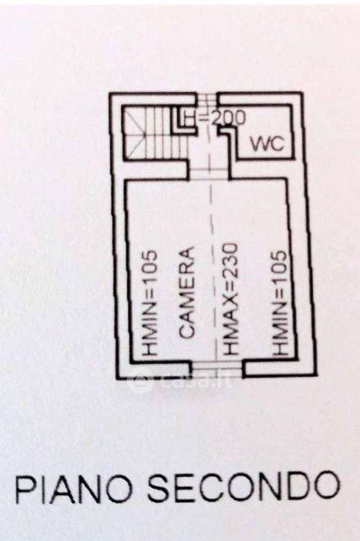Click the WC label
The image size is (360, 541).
(x=267, y=143)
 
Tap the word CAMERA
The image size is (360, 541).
(x=188, y=292)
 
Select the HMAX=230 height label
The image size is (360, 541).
(x=229, y=299)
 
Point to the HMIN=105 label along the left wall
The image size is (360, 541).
(x=151, y=303)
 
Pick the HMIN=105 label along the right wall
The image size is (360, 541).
(x=279, y=303)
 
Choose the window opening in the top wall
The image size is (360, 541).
(x=208, y=98)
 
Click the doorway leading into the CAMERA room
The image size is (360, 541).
(x=208, y=172)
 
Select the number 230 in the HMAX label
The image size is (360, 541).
(x=229, y=260)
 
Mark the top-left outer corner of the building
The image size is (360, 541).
(x=109, y=93)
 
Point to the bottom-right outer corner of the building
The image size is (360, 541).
(x=316, y=375)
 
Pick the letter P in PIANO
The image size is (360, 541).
(x=23, y=489)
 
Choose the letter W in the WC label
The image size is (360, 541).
(x=260, y=143)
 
